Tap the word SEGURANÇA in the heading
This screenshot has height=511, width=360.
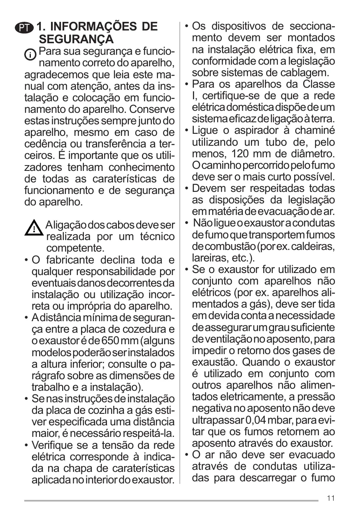(76, 40)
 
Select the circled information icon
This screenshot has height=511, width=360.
(30, 54)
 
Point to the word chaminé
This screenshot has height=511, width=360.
(316, 131)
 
